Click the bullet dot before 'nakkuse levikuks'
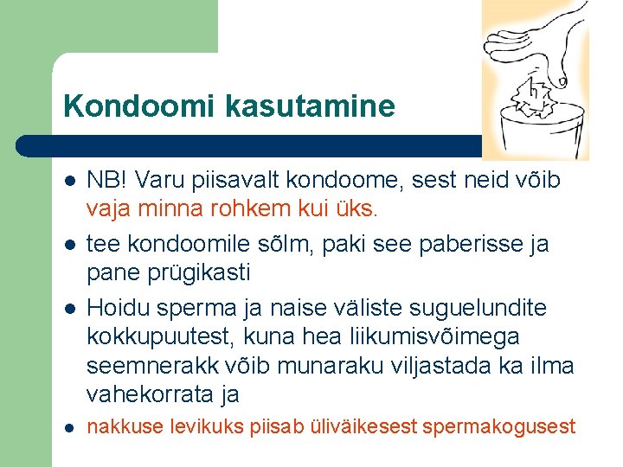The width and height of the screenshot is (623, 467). coord(69,426)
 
